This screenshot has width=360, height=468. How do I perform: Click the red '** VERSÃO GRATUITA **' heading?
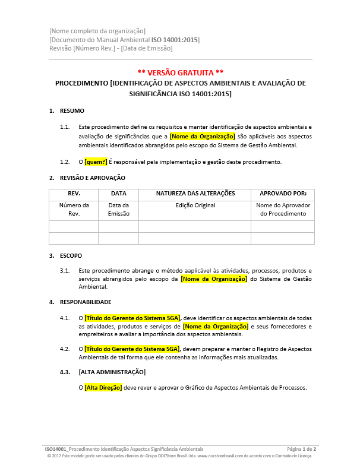pos(180,71)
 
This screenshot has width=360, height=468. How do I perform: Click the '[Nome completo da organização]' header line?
pos(97,31)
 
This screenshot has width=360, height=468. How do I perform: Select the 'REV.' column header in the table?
pos(74,194)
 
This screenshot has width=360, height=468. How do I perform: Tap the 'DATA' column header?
pos(118,194)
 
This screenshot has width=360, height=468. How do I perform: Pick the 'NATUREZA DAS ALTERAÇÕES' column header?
pos(195,194)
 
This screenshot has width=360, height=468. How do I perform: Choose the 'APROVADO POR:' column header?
pos(283,194)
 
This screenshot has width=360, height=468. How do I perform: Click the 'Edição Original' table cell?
pos(195,205)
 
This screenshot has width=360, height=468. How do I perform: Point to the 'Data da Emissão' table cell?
pos(118,210)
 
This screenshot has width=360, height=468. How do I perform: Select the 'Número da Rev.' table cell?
pos(74,210)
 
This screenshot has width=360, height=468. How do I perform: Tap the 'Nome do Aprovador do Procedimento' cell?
pos(283,210)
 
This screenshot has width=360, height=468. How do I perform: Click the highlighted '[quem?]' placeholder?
pos(96,162)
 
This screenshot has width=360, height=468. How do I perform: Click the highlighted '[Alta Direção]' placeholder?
pos(103,388)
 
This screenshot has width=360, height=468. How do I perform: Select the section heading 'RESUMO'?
pos(72,111)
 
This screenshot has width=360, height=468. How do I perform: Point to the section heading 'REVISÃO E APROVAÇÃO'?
pos(92,178)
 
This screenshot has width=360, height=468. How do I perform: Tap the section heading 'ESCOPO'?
pos(71,256)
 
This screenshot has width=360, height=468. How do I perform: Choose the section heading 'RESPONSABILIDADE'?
pos(86,302)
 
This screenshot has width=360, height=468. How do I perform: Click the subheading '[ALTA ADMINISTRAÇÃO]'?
pos(112,372)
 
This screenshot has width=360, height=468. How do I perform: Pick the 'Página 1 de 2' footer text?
pos(301,449)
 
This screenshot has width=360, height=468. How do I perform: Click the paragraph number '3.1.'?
pos(65,270)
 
